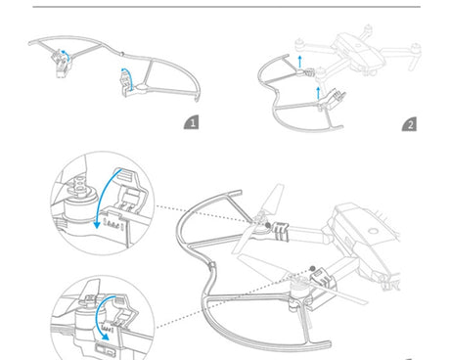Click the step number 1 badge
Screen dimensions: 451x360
(192, 122)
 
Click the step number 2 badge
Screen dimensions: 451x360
(409, 124)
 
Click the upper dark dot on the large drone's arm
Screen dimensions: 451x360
(268, 225)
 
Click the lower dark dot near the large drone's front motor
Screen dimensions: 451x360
(312, 269)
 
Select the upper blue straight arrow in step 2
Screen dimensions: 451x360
(300, 62)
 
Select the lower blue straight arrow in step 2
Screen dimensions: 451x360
(318, 93)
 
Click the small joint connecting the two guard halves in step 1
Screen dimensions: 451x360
(121, 54)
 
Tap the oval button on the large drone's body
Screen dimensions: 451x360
(373, 232)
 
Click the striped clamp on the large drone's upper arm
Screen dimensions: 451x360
(280, 231)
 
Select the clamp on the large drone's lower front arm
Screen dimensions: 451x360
(324, 278)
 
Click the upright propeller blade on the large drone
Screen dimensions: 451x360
(273, 200)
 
